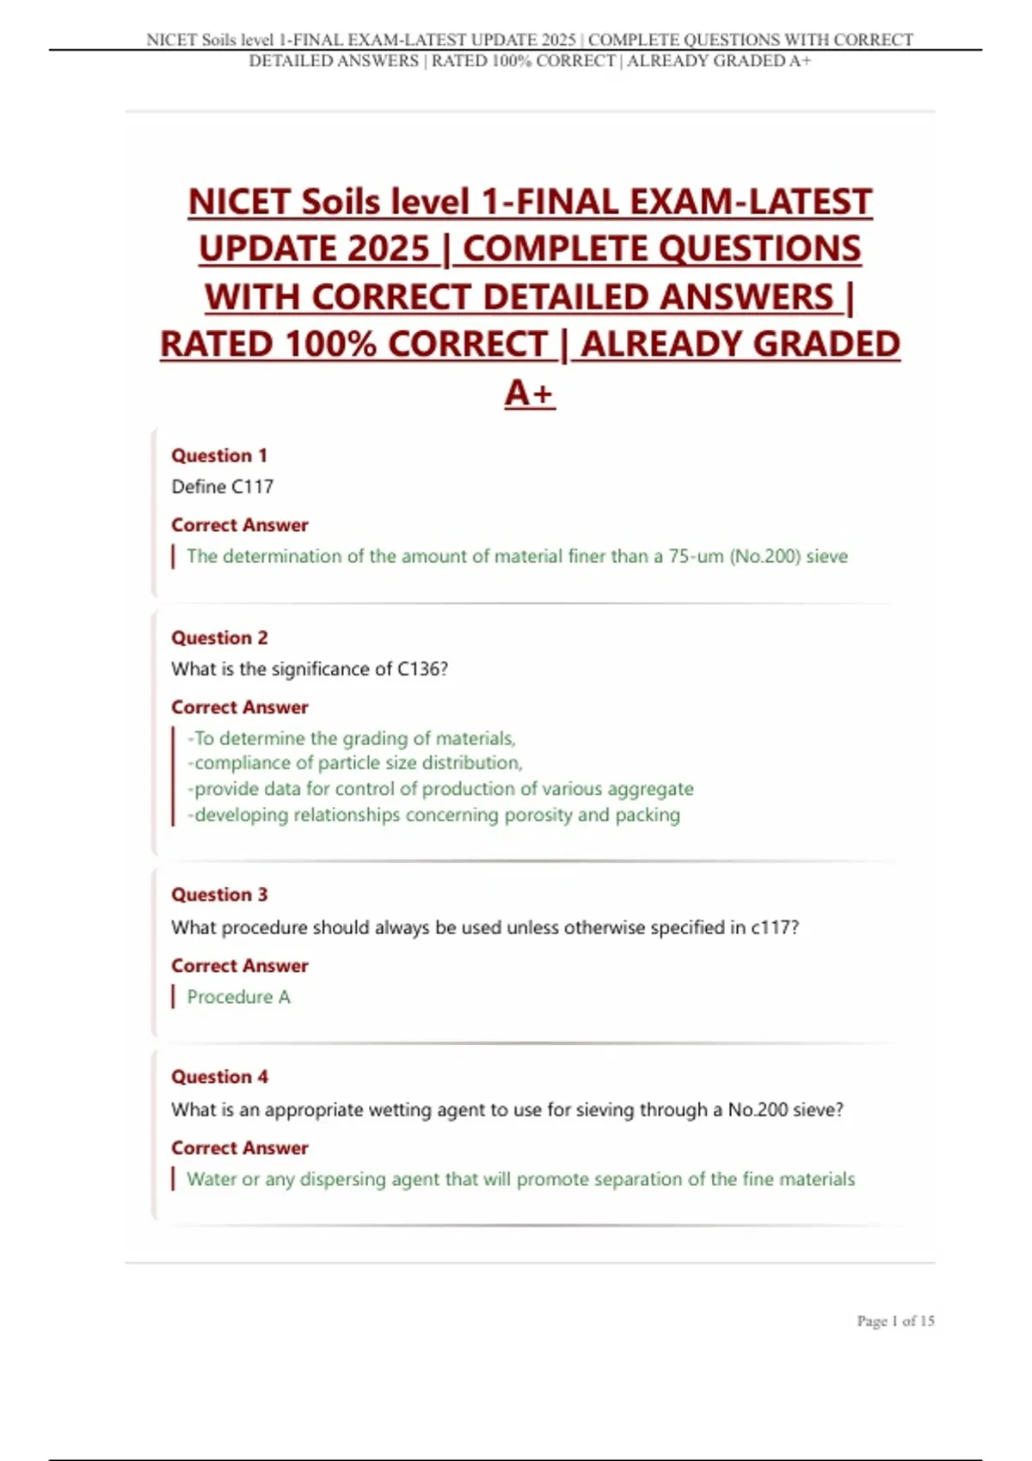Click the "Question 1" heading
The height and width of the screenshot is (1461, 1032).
point(219,455)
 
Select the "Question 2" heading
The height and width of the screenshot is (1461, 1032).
point(219,638)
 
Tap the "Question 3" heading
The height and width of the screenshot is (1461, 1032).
point(219,895)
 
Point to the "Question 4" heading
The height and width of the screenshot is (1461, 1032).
point(219,1077)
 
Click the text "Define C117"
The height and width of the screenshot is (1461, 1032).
point(223,486)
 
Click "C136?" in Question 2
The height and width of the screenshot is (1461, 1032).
point(422,669)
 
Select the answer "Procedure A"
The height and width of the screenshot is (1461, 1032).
point(238,997)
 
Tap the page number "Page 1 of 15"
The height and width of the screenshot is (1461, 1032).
point(895,1321)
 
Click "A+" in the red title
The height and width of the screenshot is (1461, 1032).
point(530,393)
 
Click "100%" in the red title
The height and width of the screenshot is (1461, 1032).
point(330,345)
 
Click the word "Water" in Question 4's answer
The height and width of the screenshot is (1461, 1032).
point(212,1179)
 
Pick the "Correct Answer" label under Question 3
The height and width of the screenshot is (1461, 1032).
point(239,966)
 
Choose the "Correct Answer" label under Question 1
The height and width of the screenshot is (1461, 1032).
point(239,525)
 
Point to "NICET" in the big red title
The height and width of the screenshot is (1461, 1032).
point(240,203)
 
